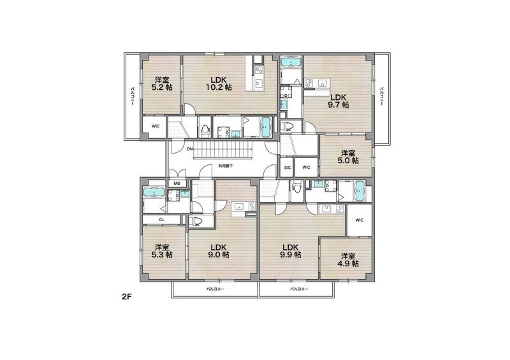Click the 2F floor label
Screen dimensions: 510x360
[126, 296]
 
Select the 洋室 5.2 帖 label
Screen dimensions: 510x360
[162, 83]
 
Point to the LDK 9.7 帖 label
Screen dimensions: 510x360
[339, 101]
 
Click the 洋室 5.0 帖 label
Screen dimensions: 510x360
[347, 156]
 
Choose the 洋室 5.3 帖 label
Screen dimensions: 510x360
[162, 251]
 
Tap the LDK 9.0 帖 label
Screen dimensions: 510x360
[218, 251]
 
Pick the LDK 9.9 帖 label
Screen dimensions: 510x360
[290, 251]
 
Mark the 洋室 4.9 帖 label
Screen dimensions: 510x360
[347, 259]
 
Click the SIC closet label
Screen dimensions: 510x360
[288, 168]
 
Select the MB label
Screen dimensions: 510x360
[177, 184]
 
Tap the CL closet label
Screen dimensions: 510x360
[162, 220]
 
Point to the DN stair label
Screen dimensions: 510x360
[189, 149]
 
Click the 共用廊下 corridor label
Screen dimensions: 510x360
[226, 166]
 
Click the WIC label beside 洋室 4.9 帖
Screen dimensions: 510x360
[359, 220]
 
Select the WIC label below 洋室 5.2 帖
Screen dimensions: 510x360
[156, 126]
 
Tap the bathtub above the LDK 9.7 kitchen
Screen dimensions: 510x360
[291, 62]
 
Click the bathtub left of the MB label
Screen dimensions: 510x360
[154, 192]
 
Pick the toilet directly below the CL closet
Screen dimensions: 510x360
[196, 222]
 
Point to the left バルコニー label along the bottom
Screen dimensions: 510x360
[215, 289]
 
